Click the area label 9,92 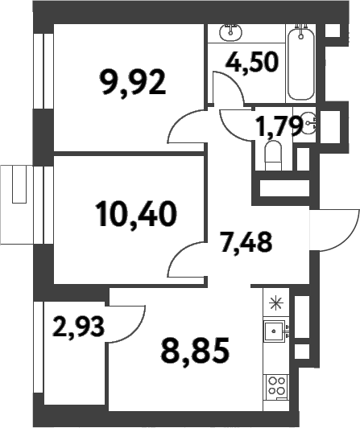click(133, 81)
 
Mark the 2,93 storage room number click(79, 327)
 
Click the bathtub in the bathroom click(301, 53)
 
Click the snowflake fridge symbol click(276, 303)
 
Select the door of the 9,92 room click(185, 129)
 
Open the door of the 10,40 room click(185, 259)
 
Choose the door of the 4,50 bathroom click(228, 87)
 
